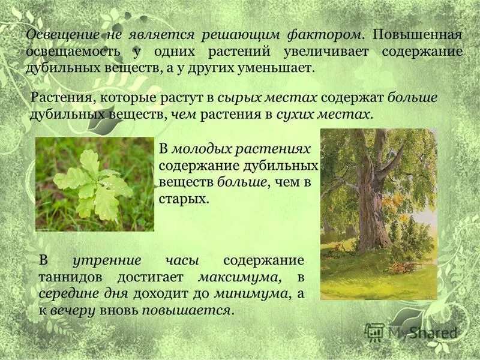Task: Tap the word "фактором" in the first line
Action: pyautogui.click(x=327, y=35)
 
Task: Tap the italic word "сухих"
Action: pyautogui.click(x=297, y=114)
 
